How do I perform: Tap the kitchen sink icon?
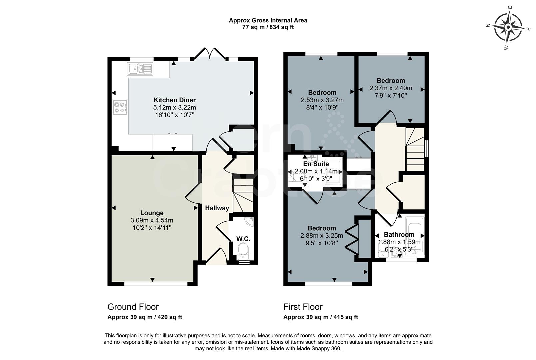pyautogui.click(x=140, y=69)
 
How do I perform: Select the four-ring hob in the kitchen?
pyautogui.click(x=120, y=107)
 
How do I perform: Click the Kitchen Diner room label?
pyautogui.click(x=174, y=100)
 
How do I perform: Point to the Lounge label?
pyautogui.click(x=152, y=213)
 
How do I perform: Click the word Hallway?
pyautogui.click(x=217, y=208)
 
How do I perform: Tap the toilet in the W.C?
pyautogui.click(x=242, y=252)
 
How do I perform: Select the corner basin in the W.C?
pyautogui.click(x=249, y=222)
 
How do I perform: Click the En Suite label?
pyautogui.click(x=316, y=164)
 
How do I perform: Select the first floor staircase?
pyautogui.click(x=415, y=150)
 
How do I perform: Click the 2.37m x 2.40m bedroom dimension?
pyautogui.click(x=391, y=88)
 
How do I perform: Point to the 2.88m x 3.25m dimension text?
pyautogui.click(x=321, y=236)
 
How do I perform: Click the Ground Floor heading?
pyautogui.click(x=133, y=307)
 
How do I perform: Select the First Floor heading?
pyautogui.click(x=303, y=307)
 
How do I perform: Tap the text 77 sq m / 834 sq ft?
pyautogui.click(x=268, y=27)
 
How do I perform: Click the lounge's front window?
pyautogui.click(x=156, y=284)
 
